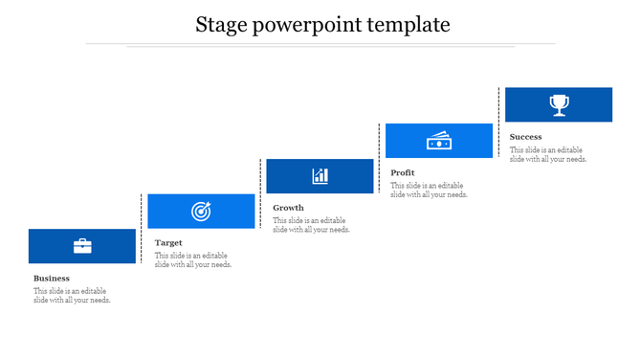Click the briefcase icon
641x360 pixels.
point(82,246)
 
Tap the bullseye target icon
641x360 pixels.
point(201,211)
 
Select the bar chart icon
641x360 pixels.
point(320,176)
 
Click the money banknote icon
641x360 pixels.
point(438,141)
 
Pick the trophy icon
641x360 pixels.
point(559,104)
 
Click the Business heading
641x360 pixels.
point(52,279)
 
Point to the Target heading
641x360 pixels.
point(168,243)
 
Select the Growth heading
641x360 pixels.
point(288,208)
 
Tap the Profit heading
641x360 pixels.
point(403,173)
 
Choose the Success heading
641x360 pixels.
point(526,137)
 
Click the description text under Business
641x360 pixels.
point(72,296)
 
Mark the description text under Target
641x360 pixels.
point(192,260)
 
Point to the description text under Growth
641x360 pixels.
point(311,225)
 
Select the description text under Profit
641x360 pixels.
point(429,190)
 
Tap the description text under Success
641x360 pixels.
point(548,154)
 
